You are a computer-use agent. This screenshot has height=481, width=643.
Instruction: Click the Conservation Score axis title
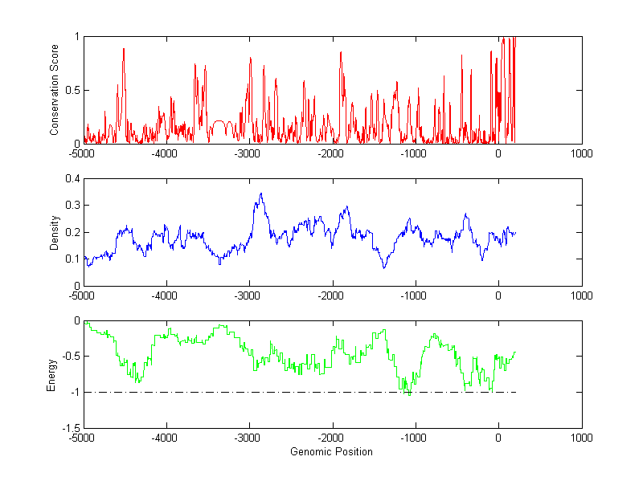coord(55,90)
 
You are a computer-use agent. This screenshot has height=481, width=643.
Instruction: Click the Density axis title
coord(55,232)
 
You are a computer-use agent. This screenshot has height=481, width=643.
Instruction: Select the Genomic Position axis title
coord(331,452)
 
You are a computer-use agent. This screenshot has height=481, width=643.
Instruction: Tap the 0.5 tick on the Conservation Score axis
coord(72,91)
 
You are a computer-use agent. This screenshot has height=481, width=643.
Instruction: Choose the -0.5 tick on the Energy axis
coord(70,357)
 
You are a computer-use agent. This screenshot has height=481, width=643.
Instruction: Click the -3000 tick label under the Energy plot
coord(248,438)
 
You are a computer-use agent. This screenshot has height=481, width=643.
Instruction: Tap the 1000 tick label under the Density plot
coord(581,296)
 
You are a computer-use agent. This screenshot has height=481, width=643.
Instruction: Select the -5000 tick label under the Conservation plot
coord(82,153)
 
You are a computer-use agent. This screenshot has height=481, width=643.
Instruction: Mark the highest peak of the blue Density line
coord(261,194)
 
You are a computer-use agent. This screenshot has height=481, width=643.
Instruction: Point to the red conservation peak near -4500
coord(124,49)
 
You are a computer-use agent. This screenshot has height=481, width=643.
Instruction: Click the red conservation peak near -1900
coord(341,52)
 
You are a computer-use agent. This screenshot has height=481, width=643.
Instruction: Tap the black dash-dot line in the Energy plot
coord(241,393)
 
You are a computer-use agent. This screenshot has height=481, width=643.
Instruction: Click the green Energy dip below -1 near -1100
coord(409,395)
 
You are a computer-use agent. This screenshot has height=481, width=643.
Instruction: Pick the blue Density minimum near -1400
coord(384,267)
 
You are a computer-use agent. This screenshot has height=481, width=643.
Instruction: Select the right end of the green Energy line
coord(514,353)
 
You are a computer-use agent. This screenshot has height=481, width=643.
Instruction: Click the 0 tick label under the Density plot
coord(498,296)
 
